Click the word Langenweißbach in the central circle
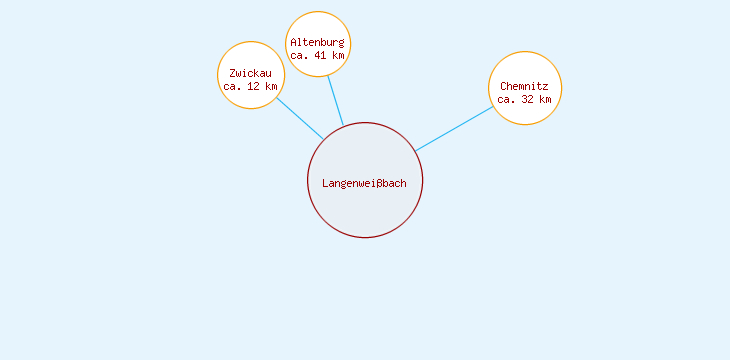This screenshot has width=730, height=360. point(364,183)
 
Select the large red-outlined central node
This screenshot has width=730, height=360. point(365,210)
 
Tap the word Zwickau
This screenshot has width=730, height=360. point(250,73)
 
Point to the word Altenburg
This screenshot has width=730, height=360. point(317,42)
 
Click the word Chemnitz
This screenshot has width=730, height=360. point(524,86)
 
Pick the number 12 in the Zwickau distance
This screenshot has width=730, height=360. point(254,87)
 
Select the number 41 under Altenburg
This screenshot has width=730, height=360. point(320,56)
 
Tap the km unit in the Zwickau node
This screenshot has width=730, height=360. point(270,87)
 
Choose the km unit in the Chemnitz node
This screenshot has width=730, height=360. point(544,100)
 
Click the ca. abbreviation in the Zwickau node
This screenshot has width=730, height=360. point(233,87)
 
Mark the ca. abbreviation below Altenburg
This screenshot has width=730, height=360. point(300,56)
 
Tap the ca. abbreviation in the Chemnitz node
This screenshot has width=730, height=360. point(507,100)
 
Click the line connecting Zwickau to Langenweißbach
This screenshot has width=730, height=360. point(299,118)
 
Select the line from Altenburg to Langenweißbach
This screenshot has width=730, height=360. point(335,100)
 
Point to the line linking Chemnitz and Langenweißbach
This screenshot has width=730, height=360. point(455,128)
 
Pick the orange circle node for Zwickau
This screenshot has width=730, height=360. point(250,55)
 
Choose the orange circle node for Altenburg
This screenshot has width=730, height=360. point(318,24)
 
